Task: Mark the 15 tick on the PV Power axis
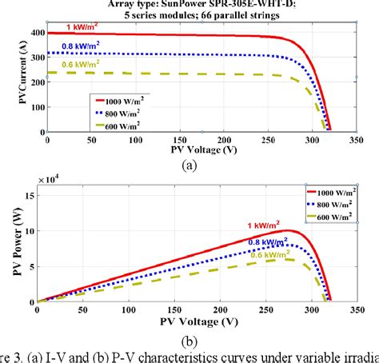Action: pyautogui.click(x=35, y=194)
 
